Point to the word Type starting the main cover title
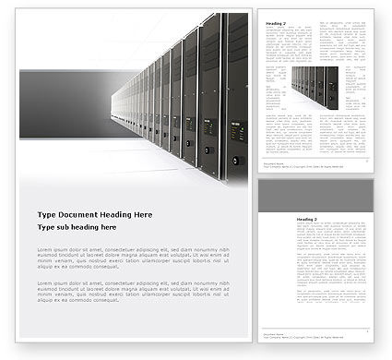[x=47, y=213]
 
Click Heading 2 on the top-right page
[x=275, y=22]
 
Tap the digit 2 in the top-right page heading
[x=284, y=22]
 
